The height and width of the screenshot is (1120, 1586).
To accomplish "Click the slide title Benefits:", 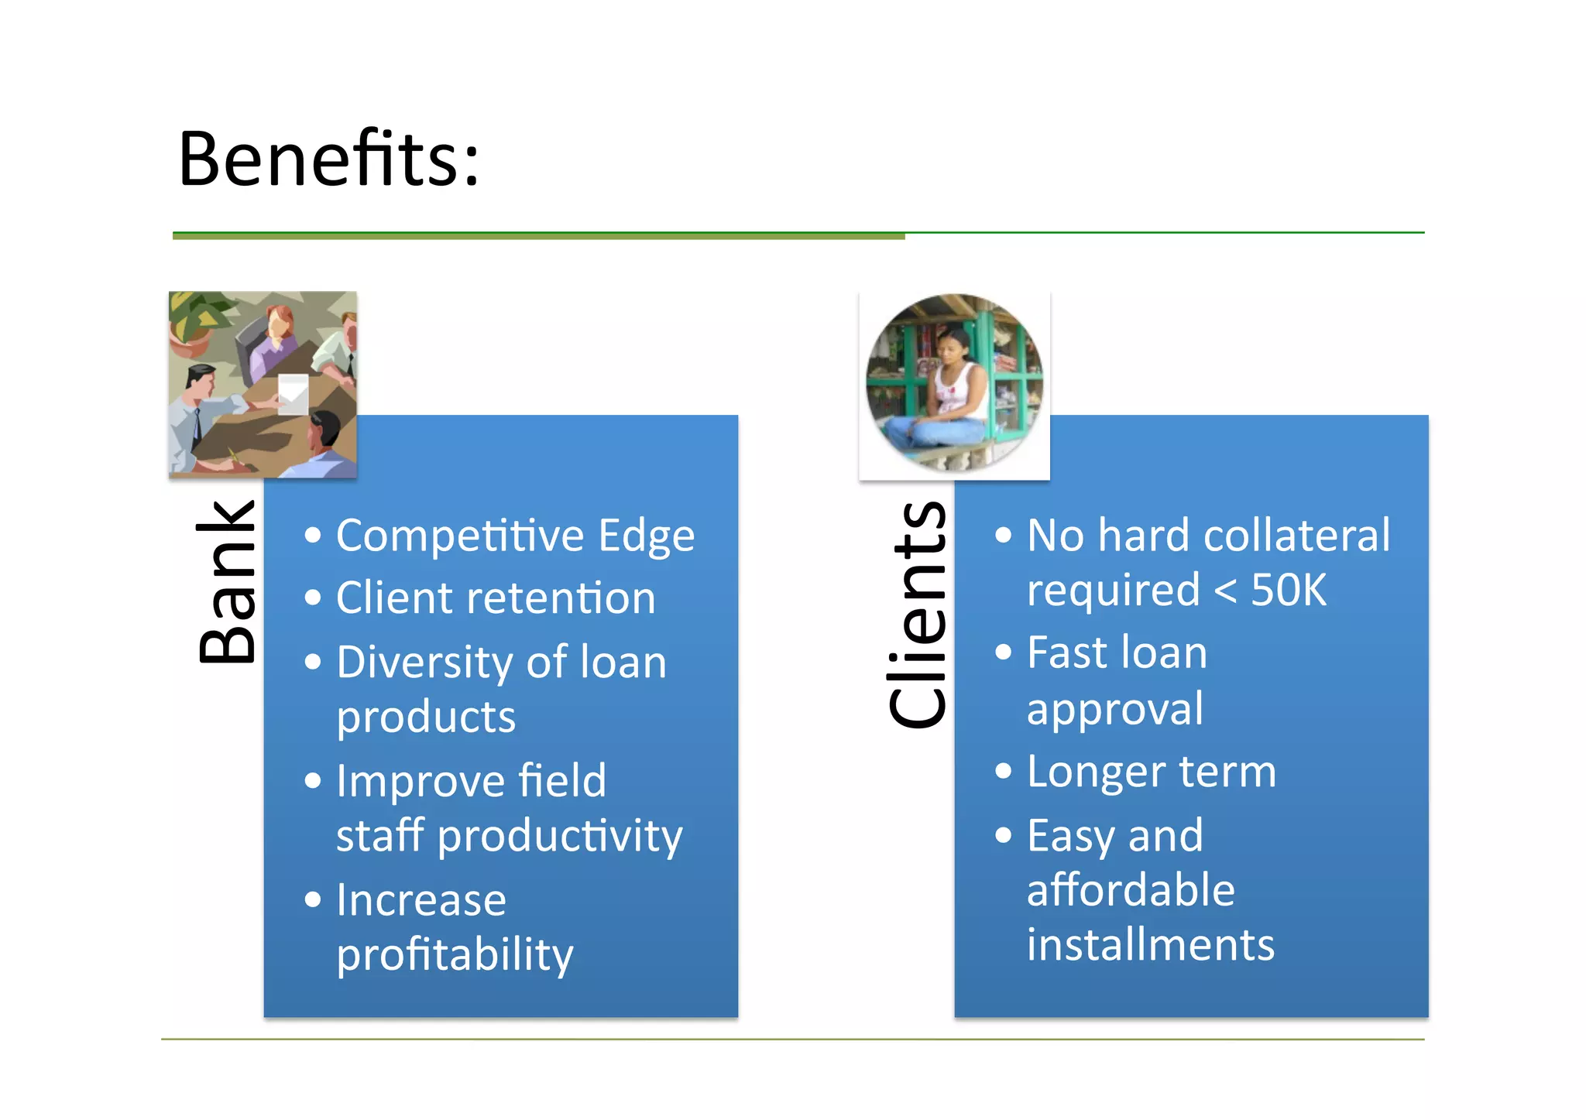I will [x=329, y=159].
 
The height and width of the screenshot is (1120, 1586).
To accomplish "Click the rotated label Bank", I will [x=226, y=582].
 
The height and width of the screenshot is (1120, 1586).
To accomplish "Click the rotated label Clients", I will [x=918, y=615].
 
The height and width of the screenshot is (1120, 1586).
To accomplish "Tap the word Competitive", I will [x=460, y=536].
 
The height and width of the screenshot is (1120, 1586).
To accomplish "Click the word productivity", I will [x=559, y=837].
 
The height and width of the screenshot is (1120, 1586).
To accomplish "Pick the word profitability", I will [x=455, y=954].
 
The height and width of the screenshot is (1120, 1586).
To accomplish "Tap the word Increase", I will [x=421, y=900].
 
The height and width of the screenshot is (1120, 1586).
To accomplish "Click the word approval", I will [x=1114, y=709].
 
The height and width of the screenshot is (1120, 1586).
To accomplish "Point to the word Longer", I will [x=1087, y=772].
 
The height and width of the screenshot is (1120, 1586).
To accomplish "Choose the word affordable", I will [x=1130, y=890].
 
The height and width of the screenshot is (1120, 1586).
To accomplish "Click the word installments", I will [x=1150, y=945].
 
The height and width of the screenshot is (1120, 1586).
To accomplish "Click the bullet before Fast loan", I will [x=1003, y=652].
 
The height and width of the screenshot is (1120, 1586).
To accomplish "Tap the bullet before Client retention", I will [x=313, y=598].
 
